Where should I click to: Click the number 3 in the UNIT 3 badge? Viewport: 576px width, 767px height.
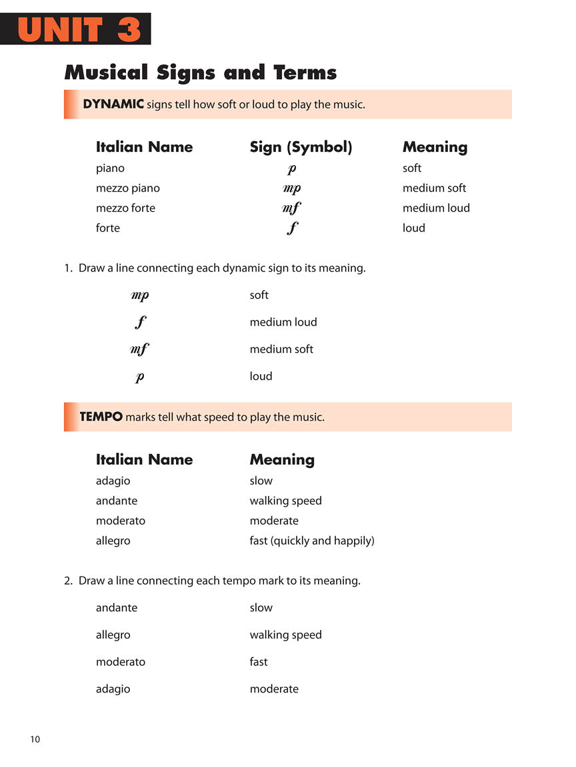click(129, 29)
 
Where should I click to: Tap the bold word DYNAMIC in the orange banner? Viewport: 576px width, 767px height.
click(113, 104)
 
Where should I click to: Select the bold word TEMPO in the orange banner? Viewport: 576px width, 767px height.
click(101, 417)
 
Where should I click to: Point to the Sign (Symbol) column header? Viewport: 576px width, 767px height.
click(301, 147)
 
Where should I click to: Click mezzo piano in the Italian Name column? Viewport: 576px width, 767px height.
click(128, 188)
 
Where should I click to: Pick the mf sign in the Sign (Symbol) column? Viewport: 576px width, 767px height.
click(291, 208)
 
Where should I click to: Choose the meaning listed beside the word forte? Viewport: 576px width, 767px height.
click(413, 228)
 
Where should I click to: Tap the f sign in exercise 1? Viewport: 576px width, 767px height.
click(140, 323)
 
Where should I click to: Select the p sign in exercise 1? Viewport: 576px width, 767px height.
click(140, 377)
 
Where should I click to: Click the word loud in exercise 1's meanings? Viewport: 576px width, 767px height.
click(261, 376)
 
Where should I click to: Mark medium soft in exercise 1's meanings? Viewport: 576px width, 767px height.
click(281, 349)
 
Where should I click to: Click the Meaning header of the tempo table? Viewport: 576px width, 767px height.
click(282, 459)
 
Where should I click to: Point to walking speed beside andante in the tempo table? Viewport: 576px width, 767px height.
click(285, 501)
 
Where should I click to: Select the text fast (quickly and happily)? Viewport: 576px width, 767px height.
click(312, 541)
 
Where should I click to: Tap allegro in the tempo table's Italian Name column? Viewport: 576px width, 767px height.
click(113, 541)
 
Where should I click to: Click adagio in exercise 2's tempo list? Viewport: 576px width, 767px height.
click(113, 689)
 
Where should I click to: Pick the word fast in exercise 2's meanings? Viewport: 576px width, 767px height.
click(259, 662)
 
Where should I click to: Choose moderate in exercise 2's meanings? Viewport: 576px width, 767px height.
click(274, 689)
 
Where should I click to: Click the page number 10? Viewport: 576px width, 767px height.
click(35, 739)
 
